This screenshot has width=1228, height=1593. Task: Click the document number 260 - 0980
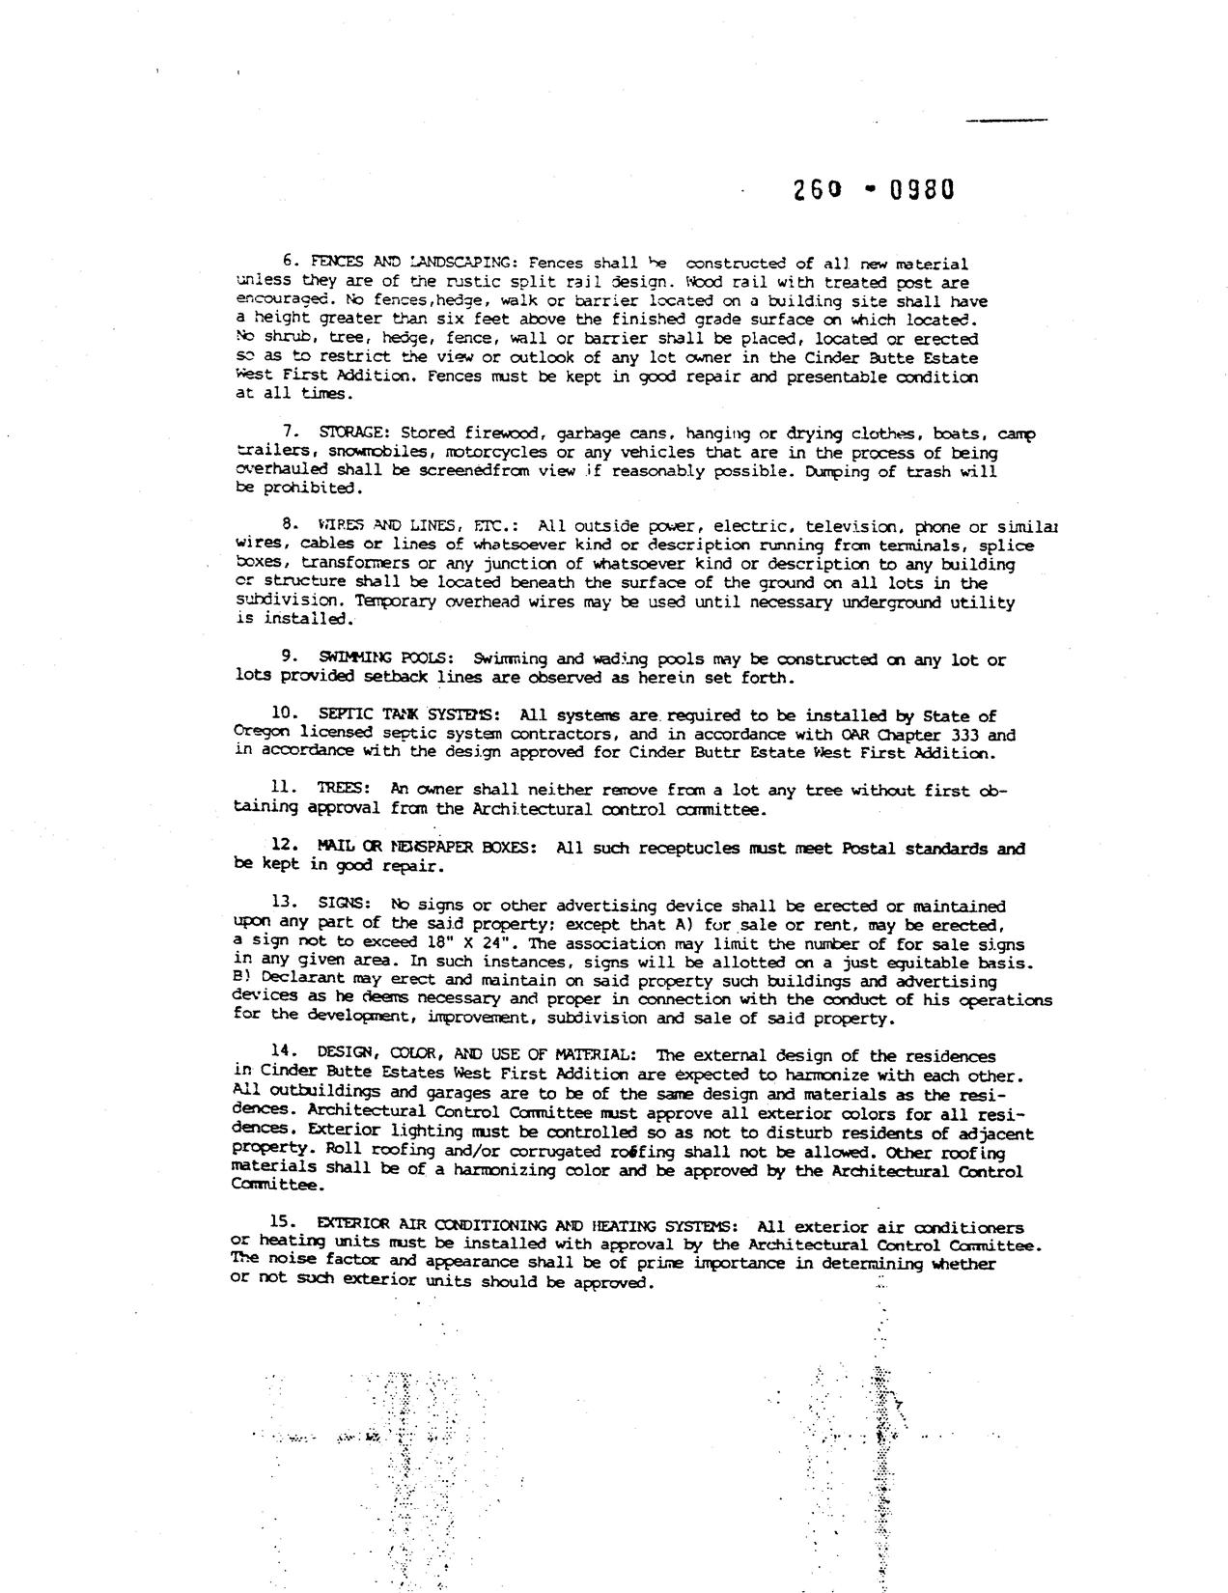click(874, 189)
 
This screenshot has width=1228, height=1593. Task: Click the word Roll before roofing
click(343, 1151)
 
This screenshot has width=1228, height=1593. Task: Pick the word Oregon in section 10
click(257, 734)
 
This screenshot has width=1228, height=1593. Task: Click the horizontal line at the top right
click(1007, 120)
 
